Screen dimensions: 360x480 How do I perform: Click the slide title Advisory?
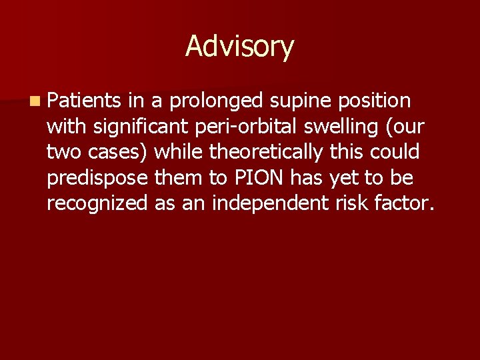239,47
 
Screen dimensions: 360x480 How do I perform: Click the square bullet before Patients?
33,101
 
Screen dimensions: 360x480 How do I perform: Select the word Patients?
83,101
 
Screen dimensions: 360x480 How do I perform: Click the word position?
375,102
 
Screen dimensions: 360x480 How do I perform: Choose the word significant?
140,127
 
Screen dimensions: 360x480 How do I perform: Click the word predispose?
98,179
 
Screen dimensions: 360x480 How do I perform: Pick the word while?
180,153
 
